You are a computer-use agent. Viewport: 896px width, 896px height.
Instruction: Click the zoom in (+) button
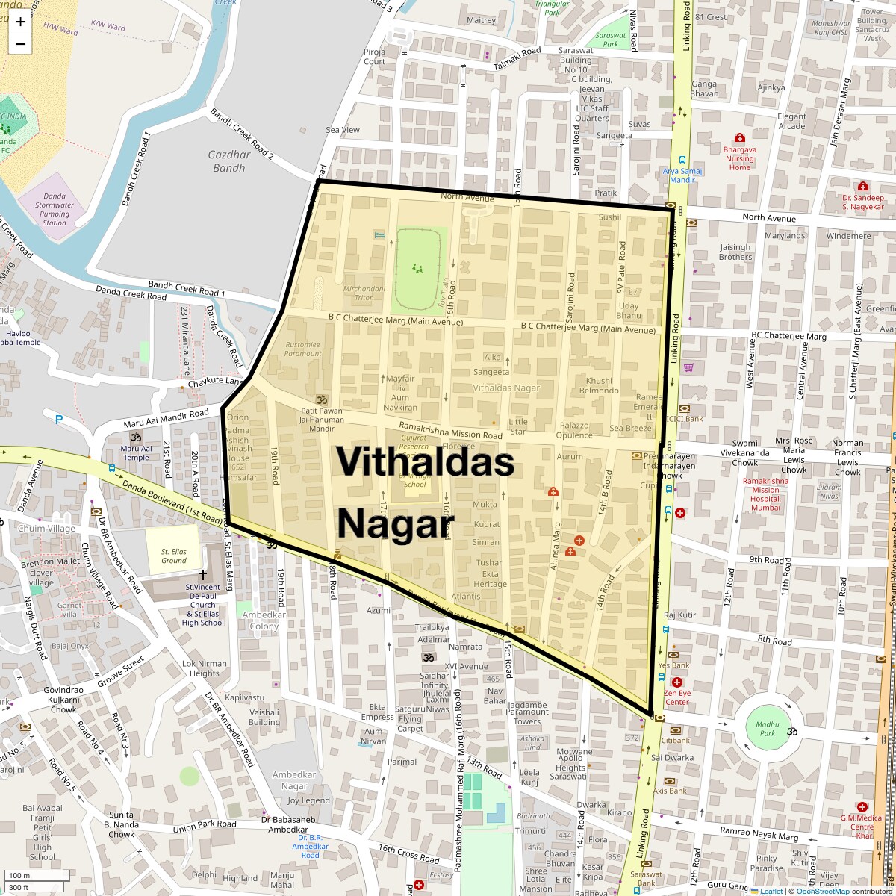pos(20,22)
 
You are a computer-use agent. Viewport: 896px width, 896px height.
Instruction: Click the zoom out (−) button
pos(20,43)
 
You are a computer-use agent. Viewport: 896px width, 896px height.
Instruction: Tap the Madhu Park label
pos(767,729)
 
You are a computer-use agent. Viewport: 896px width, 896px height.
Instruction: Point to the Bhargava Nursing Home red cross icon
pos(740,138)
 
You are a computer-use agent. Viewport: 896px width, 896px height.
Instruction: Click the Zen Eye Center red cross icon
pos(677,682)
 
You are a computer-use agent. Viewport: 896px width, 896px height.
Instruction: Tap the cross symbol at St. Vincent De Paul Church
pos(202,574)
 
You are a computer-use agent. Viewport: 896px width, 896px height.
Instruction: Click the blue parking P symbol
pos(58,419)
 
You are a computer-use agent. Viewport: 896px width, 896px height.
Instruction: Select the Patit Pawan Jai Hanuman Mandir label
pos(322,420)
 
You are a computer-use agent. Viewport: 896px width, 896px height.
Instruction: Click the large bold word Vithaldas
pos(425,461)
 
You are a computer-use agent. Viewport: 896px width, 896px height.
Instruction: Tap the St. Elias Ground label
pos(174,556)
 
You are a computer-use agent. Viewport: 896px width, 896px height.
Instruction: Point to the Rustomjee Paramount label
pos(303,349)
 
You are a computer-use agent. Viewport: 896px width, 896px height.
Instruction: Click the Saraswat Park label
pos(611,40)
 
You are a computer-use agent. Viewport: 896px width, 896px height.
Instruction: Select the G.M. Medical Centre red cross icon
pos(862,807)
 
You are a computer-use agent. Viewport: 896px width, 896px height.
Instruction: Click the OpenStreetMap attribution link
pos(822,891)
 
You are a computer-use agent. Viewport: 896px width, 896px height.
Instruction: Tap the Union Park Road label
pos(205,827)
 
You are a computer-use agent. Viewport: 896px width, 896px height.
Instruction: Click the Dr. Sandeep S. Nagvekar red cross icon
pos(863,186)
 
